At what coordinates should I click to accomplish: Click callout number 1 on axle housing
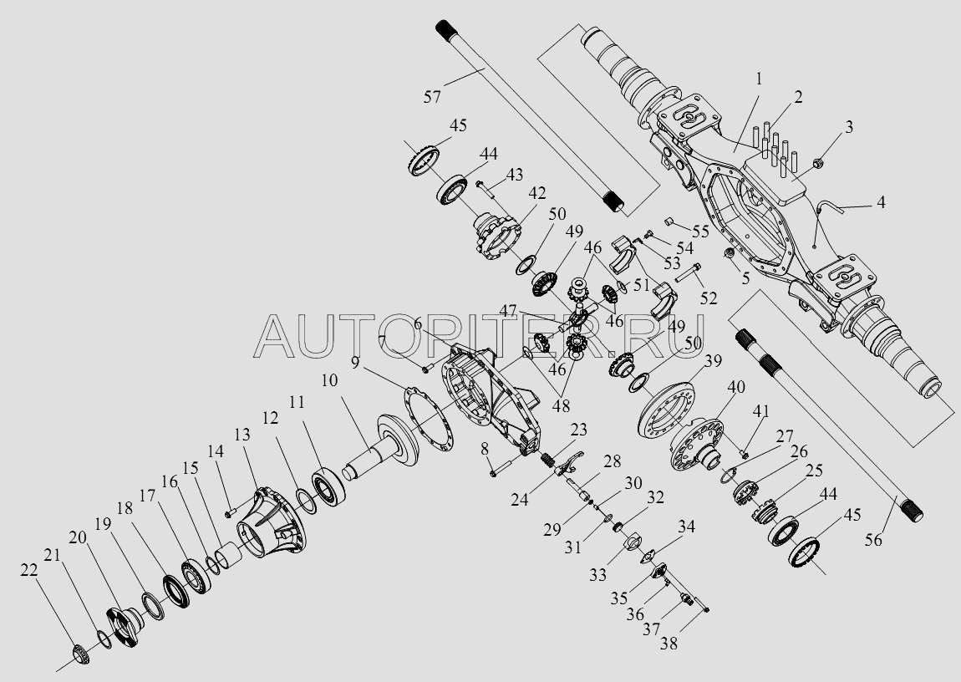758,80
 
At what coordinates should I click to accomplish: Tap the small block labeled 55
669,221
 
